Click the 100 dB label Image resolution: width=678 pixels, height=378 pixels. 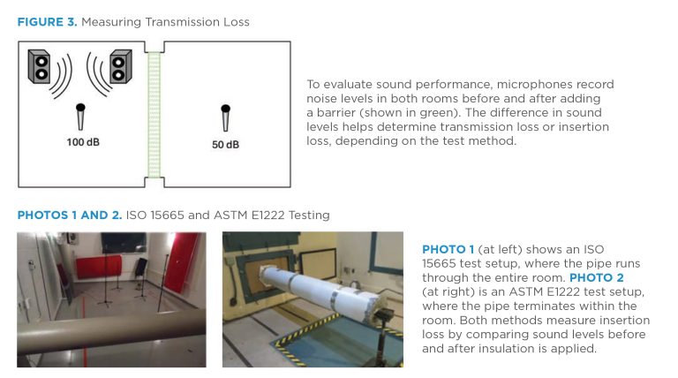(x=83, y=142)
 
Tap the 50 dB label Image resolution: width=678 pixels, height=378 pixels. (x=225, y=145)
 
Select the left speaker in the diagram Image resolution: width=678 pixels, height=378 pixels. (x=39, y=66)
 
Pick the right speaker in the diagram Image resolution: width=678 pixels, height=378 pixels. (x=121, y=66)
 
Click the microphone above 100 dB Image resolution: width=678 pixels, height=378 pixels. (x=80, y=117)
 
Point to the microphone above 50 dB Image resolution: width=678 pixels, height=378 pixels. (x=225, y=117)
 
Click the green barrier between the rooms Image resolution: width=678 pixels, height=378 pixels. (x=154, y=115)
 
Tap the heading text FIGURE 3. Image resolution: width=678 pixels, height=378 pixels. (x=47, y=22)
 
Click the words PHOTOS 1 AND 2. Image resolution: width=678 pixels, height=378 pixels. (x=70, y=215)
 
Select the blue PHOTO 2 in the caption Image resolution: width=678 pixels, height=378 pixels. (x=596, y=277)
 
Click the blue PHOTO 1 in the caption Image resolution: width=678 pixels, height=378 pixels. (x=448, y=249)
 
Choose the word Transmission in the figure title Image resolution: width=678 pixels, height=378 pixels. (x=183, y=22)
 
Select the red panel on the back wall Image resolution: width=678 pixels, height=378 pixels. (x=99, y=267)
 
